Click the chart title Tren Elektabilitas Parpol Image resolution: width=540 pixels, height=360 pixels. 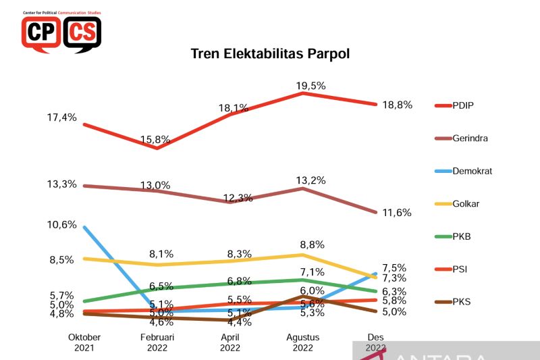click(x=270, y=53)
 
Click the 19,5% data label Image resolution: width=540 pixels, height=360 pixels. click(x=310, y=86)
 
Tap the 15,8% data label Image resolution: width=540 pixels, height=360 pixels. click(x=156, y=140)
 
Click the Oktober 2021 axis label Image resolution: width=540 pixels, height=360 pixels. click(x=84, y=342)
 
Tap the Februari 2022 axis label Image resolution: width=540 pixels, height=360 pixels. click(x=157, y=342)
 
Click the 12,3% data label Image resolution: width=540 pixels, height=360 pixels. click(x=237, y=198)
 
